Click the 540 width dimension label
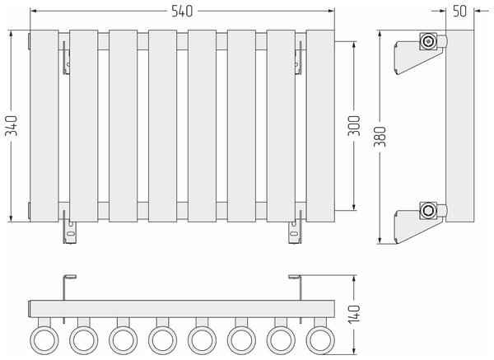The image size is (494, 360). click(182, 12)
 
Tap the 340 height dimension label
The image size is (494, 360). click(12, 126)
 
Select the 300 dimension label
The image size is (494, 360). click(354, 126)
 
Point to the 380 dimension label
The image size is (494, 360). click(380, 137)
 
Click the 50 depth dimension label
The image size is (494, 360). click(459, 12)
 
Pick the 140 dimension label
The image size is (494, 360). click(354, 315)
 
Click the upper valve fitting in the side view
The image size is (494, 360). click(428, 41)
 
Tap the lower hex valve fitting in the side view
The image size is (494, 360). click(428, 210)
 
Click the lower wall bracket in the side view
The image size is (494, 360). click(416, 227)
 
